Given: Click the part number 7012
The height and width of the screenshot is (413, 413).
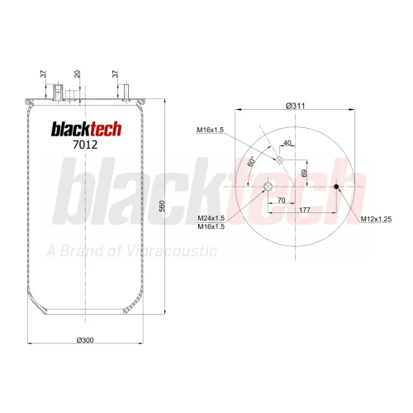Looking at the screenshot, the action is (x=85, y=145).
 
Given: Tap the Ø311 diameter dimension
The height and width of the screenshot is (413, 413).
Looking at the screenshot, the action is (x=295, y=106).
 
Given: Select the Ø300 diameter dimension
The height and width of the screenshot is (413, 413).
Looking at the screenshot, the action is (x=85, y=340).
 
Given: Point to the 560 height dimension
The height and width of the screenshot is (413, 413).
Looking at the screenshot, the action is (x=162, y=206).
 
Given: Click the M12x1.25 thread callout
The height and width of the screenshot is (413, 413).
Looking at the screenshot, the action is (x=376, y=219).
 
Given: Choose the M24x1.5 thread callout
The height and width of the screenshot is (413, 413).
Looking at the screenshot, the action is (x=211, y=218).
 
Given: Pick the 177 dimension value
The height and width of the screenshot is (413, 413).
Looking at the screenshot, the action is (x=305, y=210).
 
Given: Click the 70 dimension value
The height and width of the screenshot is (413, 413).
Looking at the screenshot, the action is (x=282, y=200).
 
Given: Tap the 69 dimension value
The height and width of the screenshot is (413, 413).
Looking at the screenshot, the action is (x=304, y=173).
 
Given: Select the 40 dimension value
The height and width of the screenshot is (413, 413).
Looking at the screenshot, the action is (x=287, y=143).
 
